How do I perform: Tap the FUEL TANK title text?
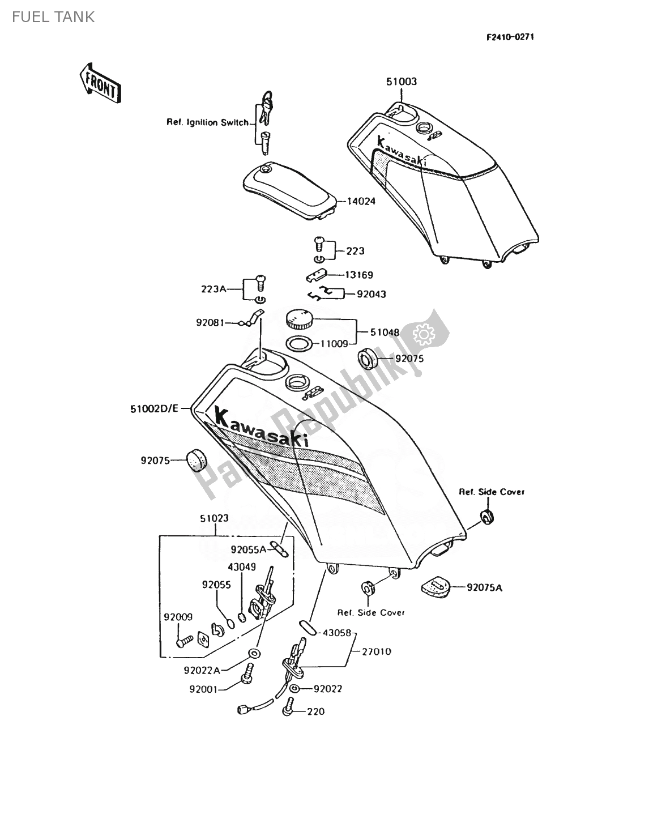53,17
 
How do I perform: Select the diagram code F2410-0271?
510,37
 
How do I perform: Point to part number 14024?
362,201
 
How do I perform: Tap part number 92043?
372,295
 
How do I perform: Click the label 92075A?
485,587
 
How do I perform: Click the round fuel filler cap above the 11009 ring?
300,320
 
